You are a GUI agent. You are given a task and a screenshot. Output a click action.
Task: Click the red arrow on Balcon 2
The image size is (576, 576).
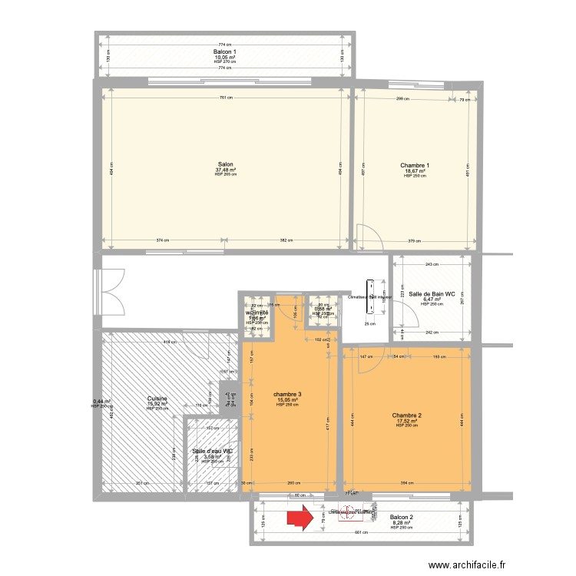(x=300, y=517)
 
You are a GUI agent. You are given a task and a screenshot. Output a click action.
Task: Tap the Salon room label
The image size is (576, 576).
(x=225, y=164)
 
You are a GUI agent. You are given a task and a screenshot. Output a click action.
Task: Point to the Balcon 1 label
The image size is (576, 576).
(x=225, y=51)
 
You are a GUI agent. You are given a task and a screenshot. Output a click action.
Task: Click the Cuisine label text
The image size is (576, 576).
(x=159, y=398)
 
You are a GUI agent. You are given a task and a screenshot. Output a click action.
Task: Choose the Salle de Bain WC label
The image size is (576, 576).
(x=432, y=294)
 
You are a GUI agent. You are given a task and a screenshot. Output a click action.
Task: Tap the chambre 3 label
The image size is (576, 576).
(x=287, y=395)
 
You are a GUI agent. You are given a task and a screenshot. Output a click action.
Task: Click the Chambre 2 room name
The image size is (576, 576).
(x=406, y=415)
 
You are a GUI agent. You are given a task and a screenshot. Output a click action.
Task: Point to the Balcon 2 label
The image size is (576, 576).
(x=402, y=517)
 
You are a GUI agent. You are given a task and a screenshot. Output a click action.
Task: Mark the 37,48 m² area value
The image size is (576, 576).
(x=225, y=170)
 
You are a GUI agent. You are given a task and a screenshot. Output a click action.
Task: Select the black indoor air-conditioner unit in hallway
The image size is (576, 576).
(x=369, y=293)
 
